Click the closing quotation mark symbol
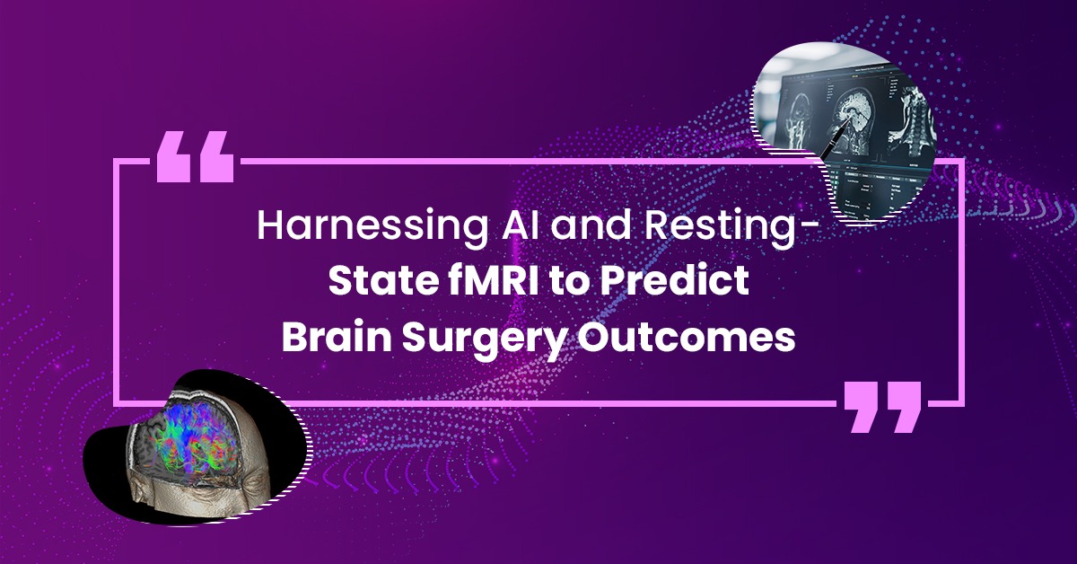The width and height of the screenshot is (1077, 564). click(882, 407)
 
